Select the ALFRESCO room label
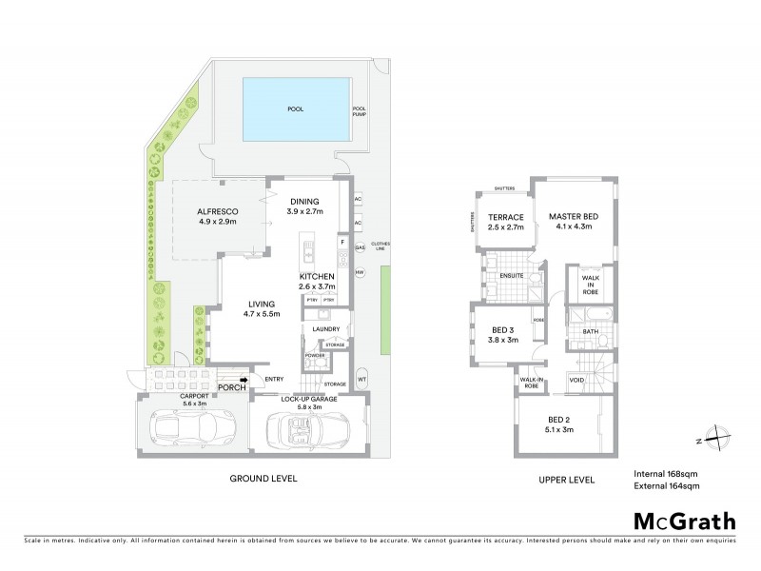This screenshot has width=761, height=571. click(217, 210)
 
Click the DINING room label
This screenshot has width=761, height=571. click(305, 201)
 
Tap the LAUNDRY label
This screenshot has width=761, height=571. click(326, 330)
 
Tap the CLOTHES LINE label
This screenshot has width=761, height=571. click(380, 245)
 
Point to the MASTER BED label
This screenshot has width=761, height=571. click(571, 216)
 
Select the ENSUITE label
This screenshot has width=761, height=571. click(512, 278)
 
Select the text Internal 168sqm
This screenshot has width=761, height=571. click(665, 473)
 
